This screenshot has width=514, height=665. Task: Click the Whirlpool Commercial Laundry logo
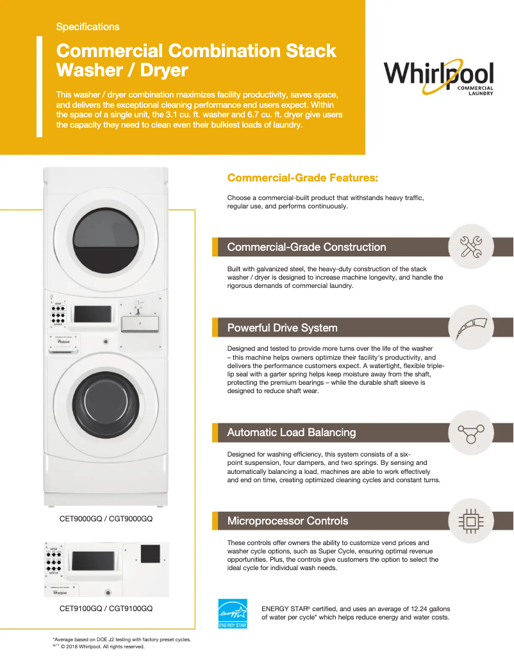tap(439, 77)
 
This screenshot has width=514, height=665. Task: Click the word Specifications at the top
tap(87, 27)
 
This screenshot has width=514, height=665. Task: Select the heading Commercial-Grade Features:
tap(303, 178)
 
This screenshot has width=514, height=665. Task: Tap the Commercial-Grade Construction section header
tap(306, 247)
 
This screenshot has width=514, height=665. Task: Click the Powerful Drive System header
tap(282, 328)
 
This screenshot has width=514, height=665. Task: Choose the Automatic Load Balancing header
tap(291, 432)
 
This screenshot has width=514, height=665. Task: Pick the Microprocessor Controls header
tap(288, 521)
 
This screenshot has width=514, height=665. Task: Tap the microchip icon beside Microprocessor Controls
tap(476, 521)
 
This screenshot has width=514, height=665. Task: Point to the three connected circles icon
tap(476, 433)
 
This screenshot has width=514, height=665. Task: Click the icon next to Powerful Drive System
tap(476, 328)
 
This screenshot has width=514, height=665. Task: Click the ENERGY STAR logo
tap(233, 614)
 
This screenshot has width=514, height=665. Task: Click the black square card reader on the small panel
tap(150, 554)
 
